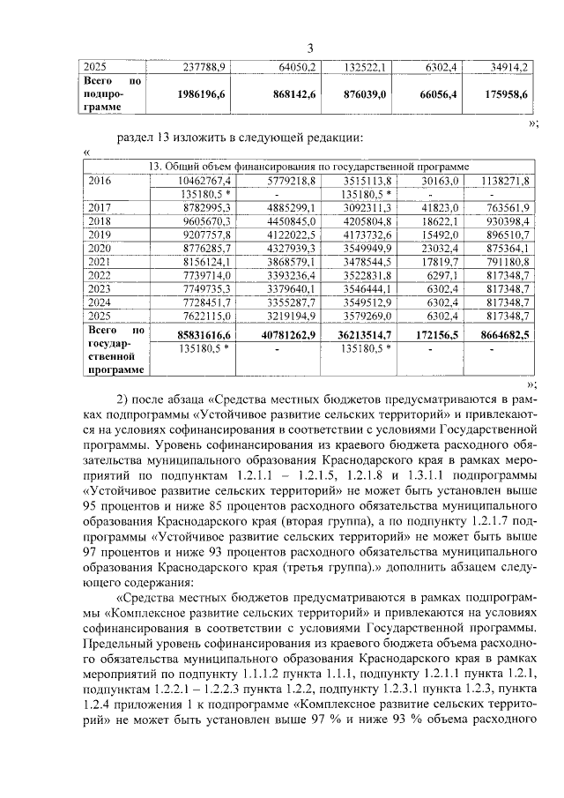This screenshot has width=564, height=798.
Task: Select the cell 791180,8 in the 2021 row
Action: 506,261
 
